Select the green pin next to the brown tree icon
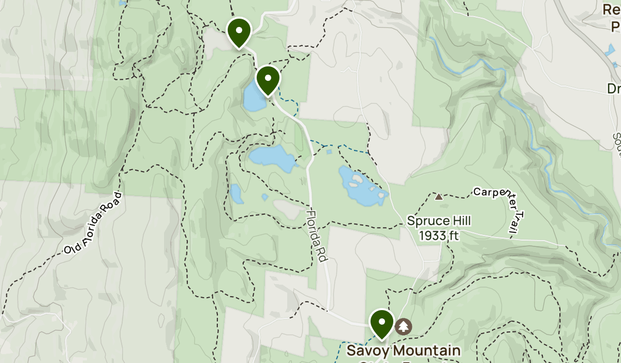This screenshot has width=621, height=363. [381, 322]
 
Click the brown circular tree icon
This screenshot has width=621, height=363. [404, 327]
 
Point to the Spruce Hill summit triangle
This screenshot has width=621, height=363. [439, 197]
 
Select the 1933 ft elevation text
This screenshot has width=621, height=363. [439, 236]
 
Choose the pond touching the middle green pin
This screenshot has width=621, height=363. [253, 98]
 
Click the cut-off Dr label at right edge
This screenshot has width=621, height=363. [614, 89]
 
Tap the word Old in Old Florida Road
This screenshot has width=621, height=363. [71, 249]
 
